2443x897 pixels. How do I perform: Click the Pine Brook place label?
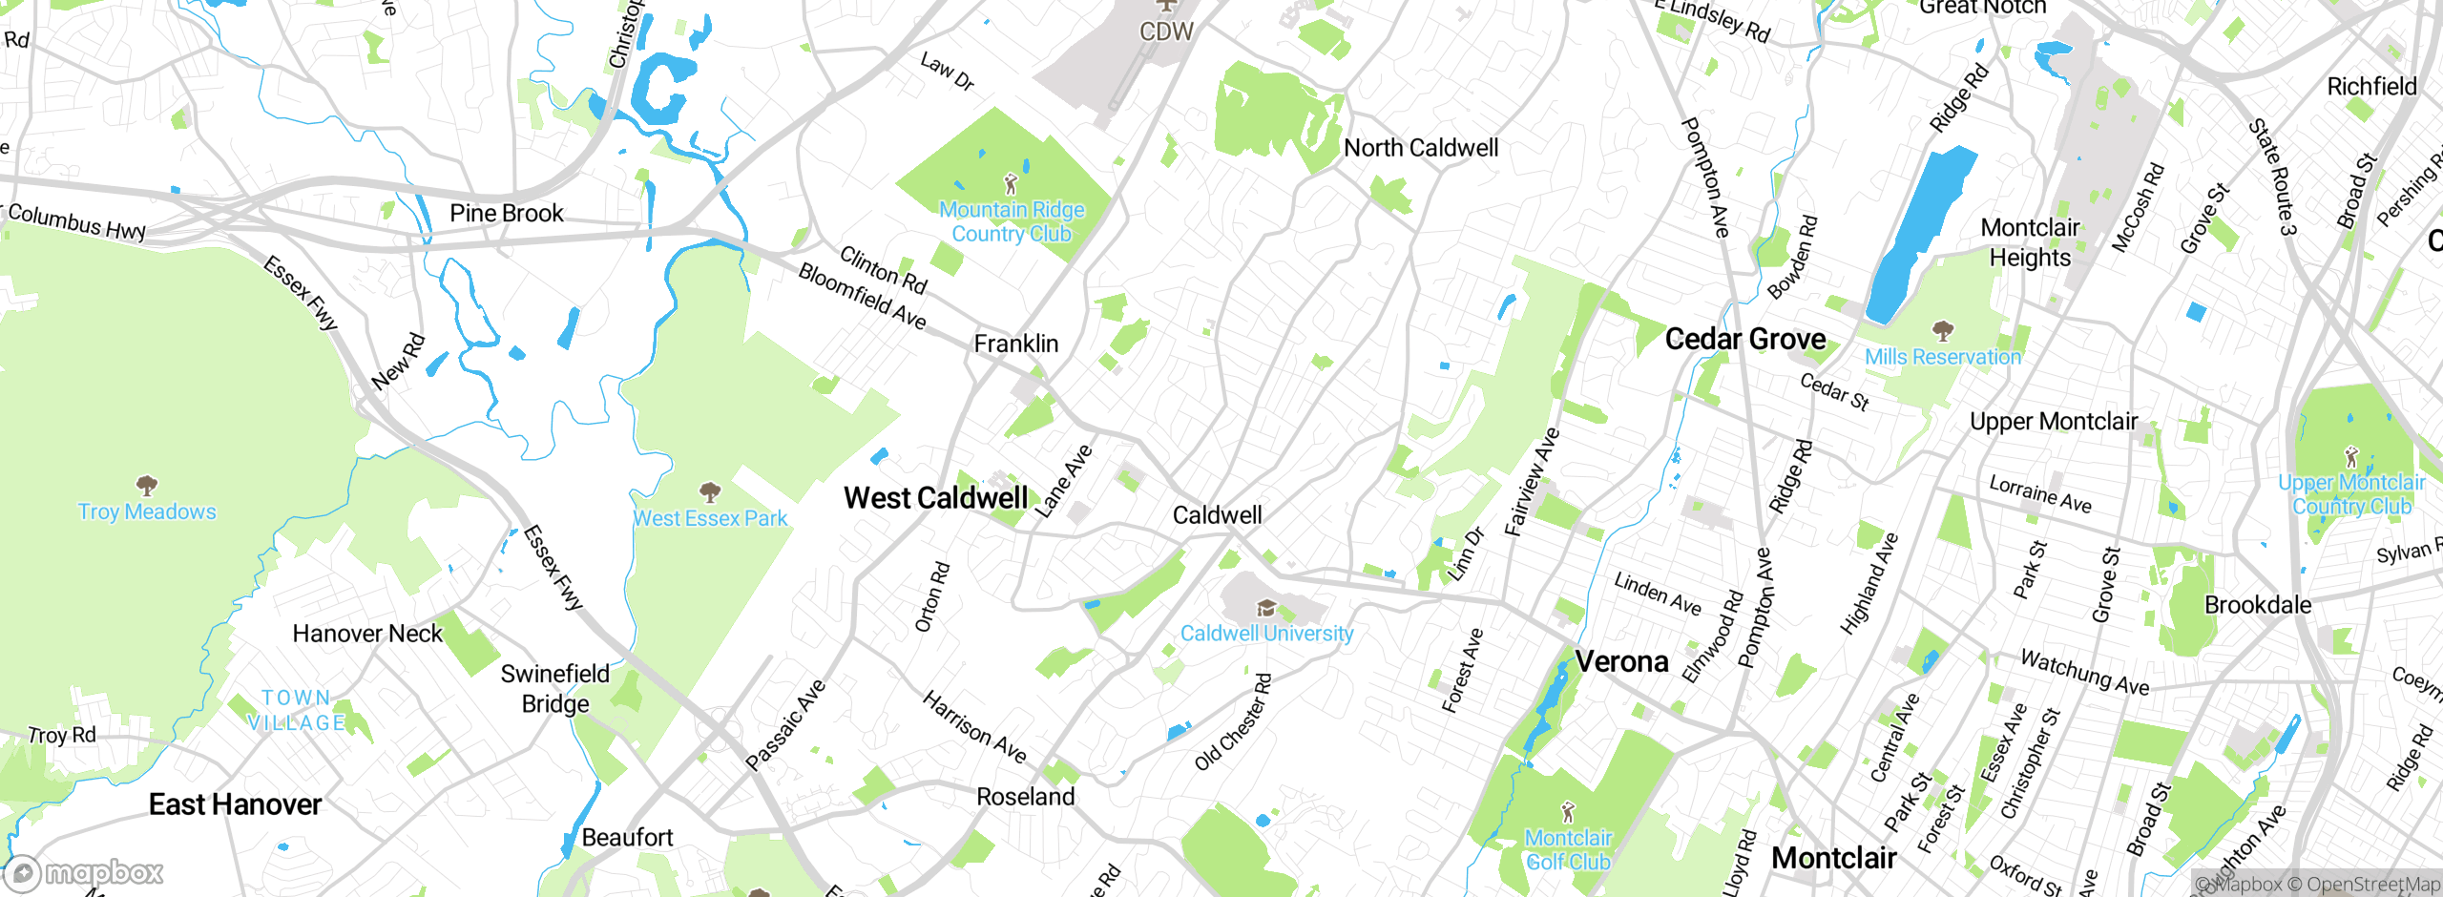point(506,213)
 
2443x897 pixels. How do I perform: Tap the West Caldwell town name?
point(935,498)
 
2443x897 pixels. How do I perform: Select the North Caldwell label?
point(1420,148)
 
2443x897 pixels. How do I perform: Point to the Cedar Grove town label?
point(1744,340)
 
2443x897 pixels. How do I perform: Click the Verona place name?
point(1621,661)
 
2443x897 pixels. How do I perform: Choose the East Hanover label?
point(235,804)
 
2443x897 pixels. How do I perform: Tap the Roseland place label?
point(1025,797)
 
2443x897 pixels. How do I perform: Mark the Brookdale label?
point(2257,605)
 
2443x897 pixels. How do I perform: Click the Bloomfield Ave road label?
point(862,297)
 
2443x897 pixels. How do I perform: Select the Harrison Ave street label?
point(973,727)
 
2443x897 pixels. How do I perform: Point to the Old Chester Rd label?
point(1233,722)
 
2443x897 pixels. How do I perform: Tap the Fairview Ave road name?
point(1531,482)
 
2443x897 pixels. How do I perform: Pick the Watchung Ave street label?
point(2084,672)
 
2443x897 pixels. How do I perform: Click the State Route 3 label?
point(2272,177)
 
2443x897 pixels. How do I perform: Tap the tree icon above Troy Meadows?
point(146,486)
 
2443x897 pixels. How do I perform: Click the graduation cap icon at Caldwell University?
point(1265,608)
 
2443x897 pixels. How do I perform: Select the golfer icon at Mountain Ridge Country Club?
point(1011,183)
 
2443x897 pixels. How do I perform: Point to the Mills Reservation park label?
point(1942,357)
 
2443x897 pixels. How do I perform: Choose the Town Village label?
point(296,711)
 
